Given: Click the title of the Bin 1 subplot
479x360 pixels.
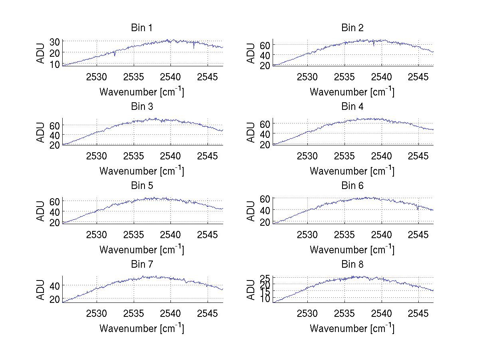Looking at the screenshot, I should (142, 28).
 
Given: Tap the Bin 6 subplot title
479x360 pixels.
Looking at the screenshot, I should (352, 186).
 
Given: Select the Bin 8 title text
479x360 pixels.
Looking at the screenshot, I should (352, 265).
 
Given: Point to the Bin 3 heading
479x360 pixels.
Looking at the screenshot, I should (142, 107).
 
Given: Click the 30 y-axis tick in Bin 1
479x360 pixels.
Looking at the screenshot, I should (55, 42).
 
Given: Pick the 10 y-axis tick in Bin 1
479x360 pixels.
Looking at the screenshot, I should (55, 64).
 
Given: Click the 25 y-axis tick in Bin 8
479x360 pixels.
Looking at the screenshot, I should (265, 278).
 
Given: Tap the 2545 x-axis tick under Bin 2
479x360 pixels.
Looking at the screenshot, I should (418, 77).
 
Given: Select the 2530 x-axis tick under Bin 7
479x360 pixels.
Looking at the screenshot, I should (97, 314).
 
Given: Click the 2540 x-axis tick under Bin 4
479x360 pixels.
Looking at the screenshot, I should (382, 156).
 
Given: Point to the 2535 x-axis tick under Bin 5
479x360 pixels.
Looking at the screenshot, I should (134, 235).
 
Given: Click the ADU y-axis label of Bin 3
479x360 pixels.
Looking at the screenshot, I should (41, 132).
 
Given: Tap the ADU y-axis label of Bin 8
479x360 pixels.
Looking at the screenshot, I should (251, 290).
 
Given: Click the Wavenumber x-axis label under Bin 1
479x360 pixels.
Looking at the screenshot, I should (142, 92).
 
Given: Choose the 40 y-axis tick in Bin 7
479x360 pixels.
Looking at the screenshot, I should (55, 285).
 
